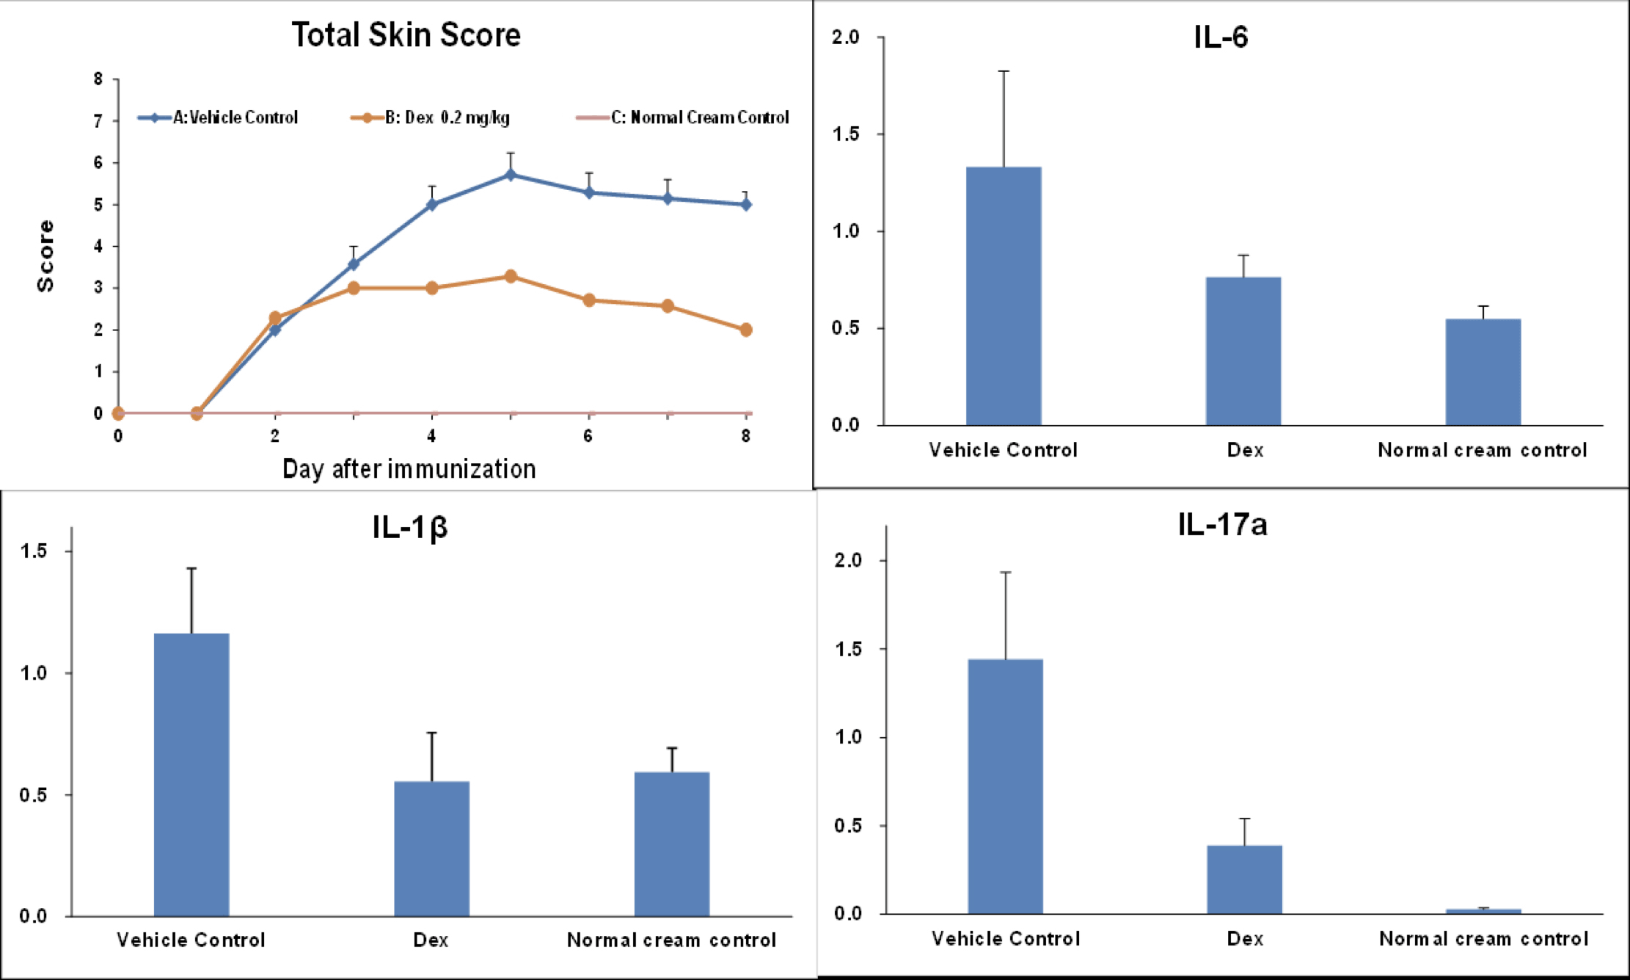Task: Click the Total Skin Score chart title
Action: pos(406,35)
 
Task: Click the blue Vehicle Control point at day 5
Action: pos(511,175)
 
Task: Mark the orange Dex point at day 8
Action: pos(746,330)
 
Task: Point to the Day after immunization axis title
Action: pos(409,469)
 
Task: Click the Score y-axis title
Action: pos(45,255)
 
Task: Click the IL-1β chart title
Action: pos(409,527)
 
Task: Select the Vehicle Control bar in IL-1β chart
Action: pos(191,774)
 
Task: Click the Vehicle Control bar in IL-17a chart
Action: pos(1005,786)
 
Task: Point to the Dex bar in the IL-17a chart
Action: pos(1244,879)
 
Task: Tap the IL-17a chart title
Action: pos(1222,525)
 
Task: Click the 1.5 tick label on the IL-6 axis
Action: pos(845,134)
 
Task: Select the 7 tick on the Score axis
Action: pos(98,121)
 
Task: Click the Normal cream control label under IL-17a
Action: pos(1483,939)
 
